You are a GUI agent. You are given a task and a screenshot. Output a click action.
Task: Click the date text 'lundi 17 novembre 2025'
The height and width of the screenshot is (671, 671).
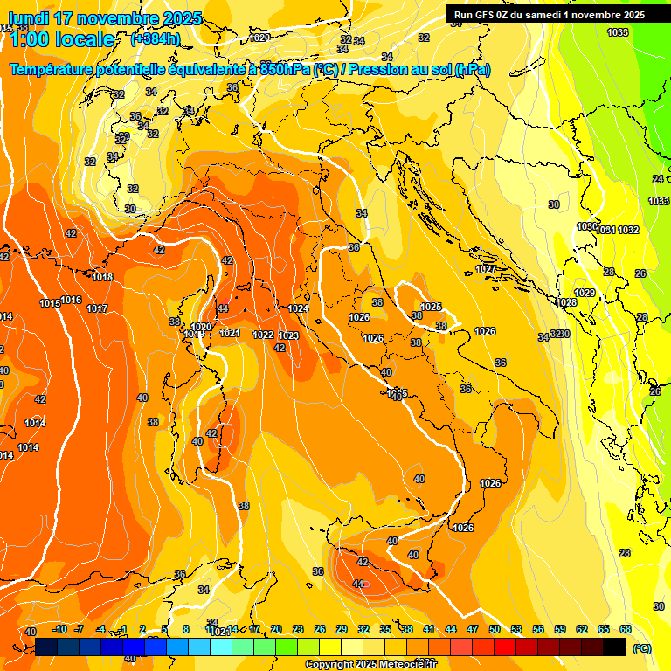pyautogui.click(x=104, y=18)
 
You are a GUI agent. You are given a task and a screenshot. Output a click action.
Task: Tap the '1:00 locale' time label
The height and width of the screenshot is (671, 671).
pyautogui.click(x=61, y=39)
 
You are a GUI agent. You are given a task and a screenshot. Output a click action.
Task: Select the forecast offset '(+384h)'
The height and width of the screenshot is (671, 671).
pyautogui.click(x=156, y=38)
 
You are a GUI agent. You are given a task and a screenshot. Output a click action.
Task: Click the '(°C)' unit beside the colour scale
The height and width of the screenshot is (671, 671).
pyautogui.click(x=641, y=648)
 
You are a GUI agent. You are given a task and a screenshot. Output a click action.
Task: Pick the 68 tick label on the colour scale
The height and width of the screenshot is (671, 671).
pyautogui.click(x=625, y=629)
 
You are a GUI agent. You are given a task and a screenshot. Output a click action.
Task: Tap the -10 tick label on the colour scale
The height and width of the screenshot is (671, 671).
pyautogui.click(x=59, y=629)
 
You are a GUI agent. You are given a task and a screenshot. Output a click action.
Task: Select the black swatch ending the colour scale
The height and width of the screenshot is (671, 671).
pyautogui.click(x=614, y=647)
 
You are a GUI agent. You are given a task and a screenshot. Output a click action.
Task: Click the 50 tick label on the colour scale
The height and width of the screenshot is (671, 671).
pyautogui.click(x=495, y=629)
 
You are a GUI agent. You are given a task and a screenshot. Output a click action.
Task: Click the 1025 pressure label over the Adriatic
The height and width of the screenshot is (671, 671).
pyautogui.click(x=431, y=307)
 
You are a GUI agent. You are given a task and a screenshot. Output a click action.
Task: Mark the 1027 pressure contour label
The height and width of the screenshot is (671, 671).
pyautogui.click(x=486, y=269)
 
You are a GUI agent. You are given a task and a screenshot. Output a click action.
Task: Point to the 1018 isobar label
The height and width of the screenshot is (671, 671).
pyautogui.click(x=102, y=277)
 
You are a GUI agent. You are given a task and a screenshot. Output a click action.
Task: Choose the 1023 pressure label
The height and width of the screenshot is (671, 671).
pyautogui.click(x=288, y=335)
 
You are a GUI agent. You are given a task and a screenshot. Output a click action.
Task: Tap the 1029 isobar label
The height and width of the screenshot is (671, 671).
pyautogui.click(x=585, y=293)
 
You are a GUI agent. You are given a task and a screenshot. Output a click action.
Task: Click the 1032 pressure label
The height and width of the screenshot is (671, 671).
pyautogui.click(x=628, y=230)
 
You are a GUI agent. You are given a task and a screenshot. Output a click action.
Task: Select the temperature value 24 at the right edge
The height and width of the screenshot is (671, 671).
pyautogui.click(x=657, y=178)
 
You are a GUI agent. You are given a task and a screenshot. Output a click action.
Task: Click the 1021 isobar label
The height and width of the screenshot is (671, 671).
pyautogui.click(x=230, y=333)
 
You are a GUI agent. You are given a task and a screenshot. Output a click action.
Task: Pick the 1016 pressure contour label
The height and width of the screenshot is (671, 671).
pyautogui.click(x=72, y=300)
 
